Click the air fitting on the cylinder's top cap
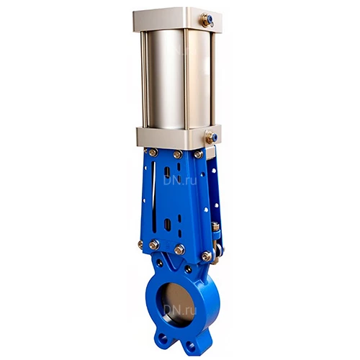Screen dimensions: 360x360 pyautogui.click(x=207, y=20)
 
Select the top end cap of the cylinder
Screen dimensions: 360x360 pyautogui.click(x=178, y=19)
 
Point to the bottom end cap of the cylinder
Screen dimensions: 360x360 pyautogui.click(x=179, y=138)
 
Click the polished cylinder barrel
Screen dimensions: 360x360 pyautogui.click(x=179, y=79)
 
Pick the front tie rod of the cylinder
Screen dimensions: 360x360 pyautogui.click(x=186, y=79)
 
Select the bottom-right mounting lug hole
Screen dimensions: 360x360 pyautogui.click(x=191, y=346)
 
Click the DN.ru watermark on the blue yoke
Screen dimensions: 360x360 pyautogui.click(x=180, y=181)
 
